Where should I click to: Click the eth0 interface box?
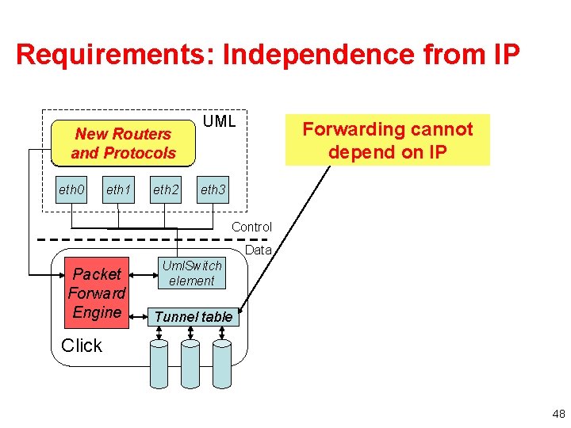(71, 189)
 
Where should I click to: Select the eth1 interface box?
(119, 189)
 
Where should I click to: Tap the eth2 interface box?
(166, 189)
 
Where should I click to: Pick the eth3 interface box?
(213, 189)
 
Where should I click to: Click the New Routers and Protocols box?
(123, 143)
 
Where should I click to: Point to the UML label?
(219, 121)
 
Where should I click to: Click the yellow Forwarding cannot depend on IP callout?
(388, 139)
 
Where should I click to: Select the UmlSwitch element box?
(191, 273)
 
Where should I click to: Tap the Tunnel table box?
(194, 317)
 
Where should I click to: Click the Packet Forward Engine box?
(97, 293)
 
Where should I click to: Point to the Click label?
(82, 346)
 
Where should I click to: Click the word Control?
(251, 227)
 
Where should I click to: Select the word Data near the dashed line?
(259, 250)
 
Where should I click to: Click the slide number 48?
(558, 414)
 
